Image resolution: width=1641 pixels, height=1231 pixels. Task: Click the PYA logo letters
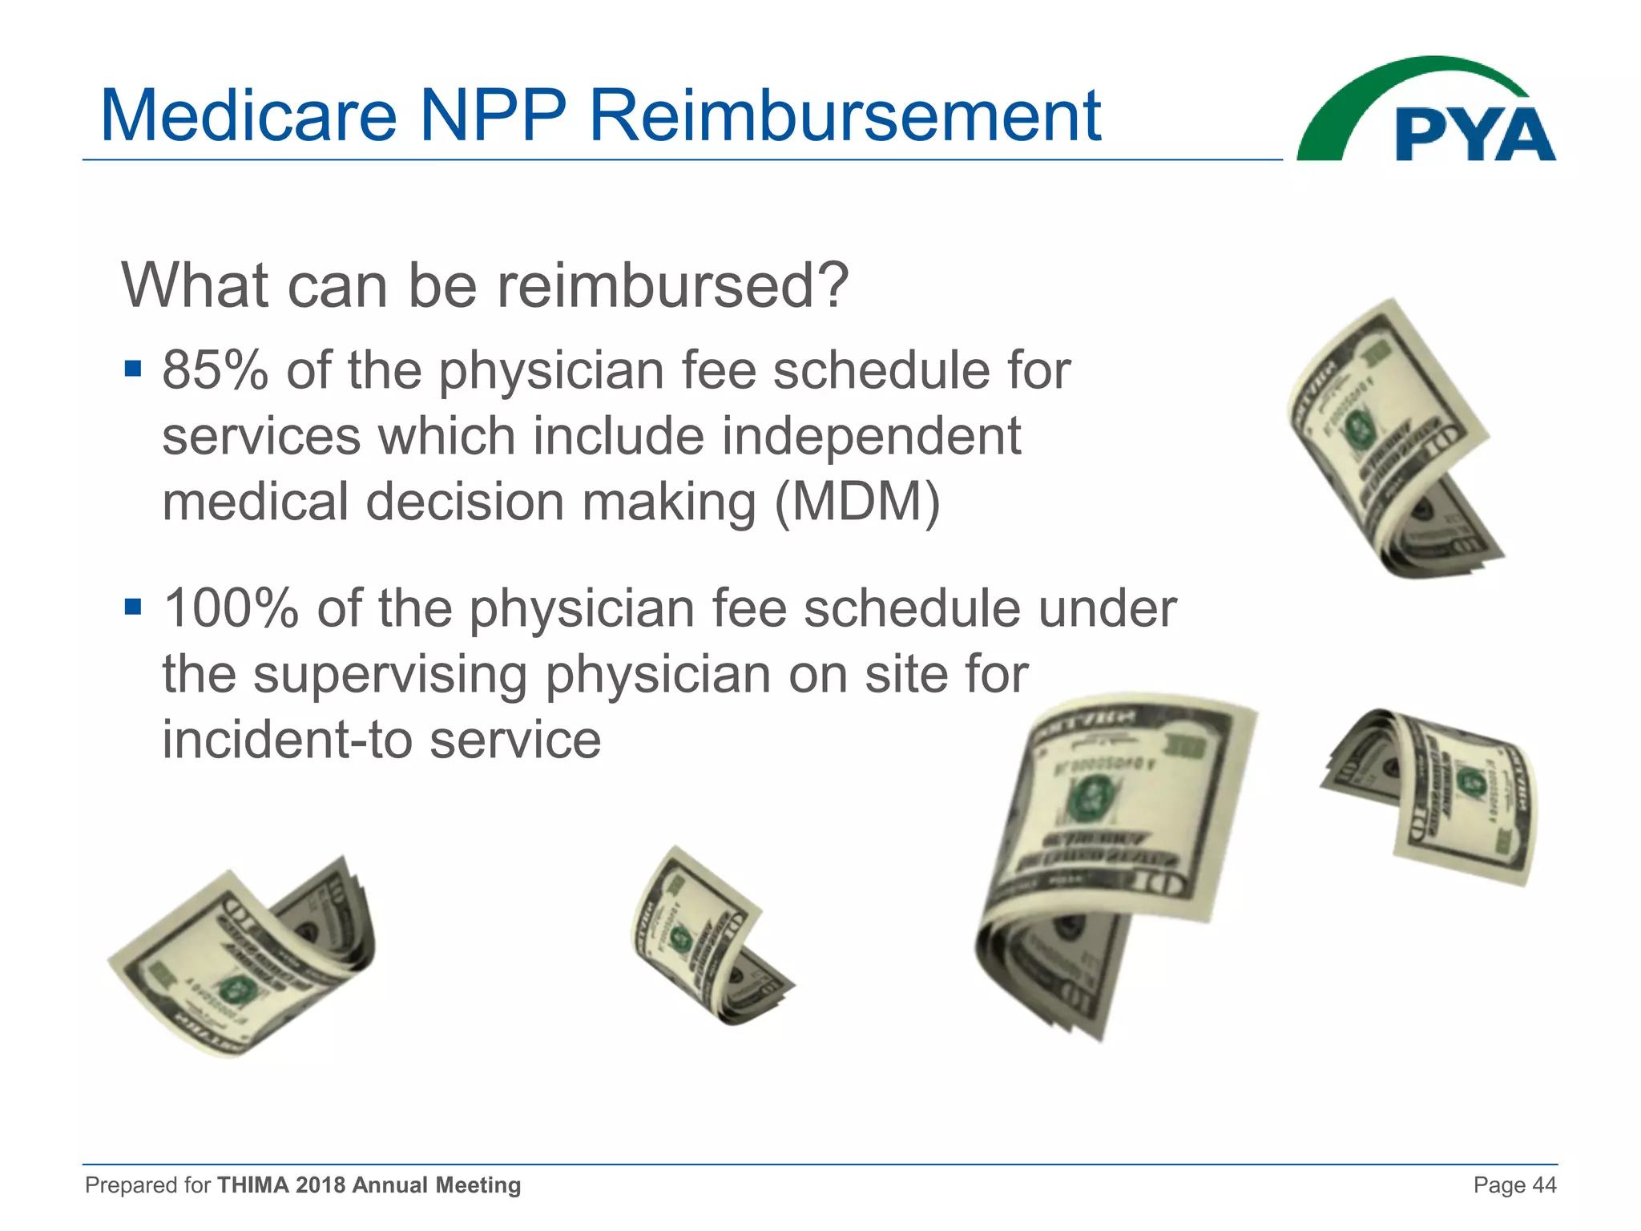(1474, 135)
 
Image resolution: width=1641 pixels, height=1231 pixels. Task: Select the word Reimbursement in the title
(845, 116)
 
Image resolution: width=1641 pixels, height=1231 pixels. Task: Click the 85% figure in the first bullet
(215, 371)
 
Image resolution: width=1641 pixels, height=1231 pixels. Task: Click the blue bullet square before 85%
(133, 369)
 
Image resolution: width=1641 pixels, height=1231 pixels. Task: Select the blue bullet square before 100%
(133, 607)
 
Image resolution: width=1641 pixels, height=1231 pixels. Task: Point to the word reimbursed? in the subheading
(671, 286)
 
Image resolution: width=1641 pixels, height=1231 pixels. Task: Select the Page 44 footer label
(1514, 1185)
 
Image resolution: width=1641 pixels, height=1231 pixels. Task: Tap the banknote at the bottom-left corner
(240, 958)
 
